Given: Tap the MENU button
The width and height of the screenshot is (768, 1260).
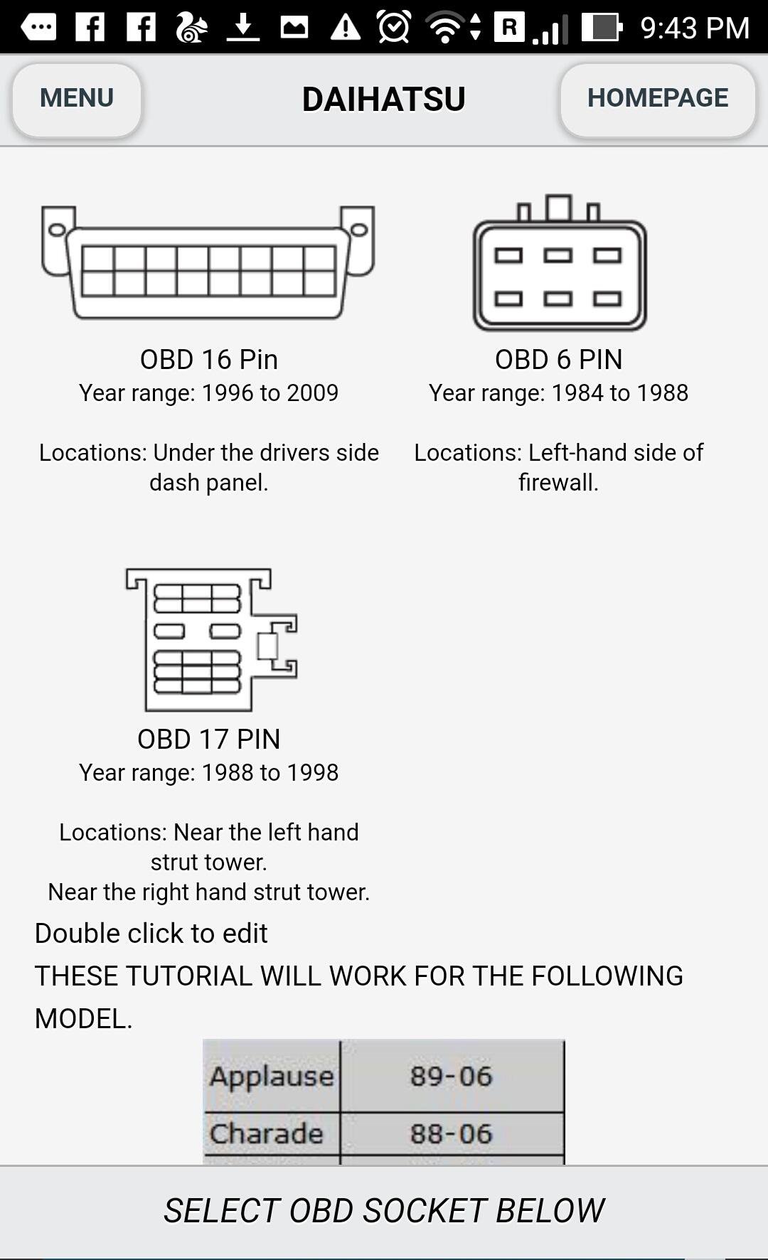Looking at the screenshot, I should coord(77,99).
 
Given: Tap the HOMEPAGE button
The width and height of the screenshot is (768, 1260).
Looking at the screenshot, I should coord(657,99).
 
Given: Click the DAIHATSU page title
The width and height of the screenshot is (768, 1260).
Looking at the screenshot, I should coord(383,100).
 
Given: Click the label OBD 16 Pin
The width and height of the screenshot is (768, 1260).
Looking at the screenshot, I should coord(208,360).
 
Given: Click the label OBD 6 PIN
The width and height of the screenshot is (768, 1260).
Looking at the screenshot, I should coord(558,360).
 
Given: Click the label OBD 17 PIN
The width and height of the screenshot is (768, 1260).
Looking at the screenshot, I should coord(208,740).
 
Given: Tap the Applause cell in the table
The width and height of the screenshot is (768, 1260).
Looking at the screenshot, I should coord(272,1076).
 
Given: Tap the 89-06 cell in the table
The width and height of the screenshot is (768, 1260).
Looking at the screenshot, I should coord(452,1076).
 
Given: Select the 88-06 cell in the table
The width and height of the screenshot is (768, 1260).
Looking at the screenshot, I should coord(452,1133).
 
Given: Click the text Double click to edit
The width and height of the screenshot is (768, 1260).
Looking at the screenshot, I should coord(151,934).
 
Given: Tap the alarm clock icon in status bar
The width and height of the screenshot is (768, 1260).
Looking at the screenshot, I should coord(393,28).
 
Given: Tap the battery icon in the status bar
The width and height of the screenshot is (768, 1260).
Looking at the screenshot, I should coord(602,28).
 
